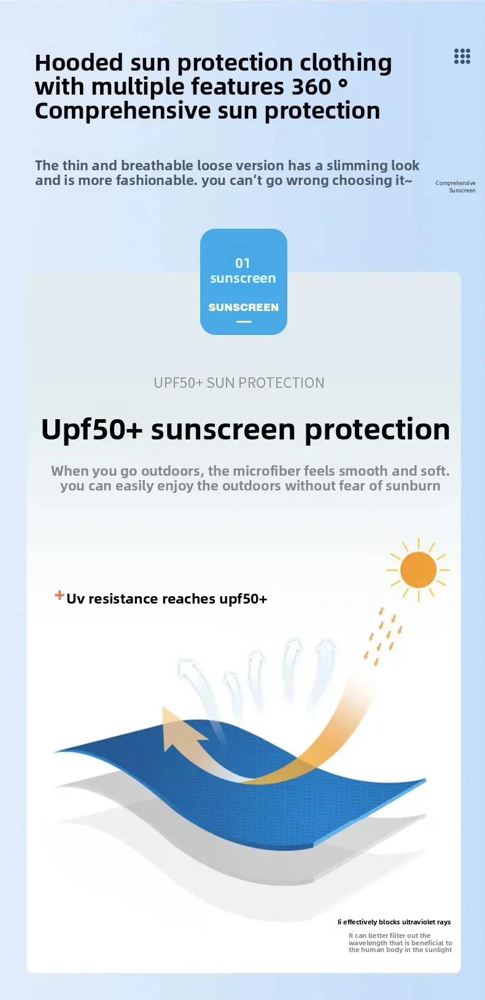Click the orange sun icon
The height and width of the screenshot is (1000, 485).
pyautogui.click(x=418, y=570)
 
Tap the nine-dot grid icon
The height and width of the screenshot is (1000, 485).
pyautogui.click(x=462, y=57)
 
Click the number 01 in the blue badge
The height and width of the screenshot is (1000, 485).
pyautogui.click(x=243, y=263)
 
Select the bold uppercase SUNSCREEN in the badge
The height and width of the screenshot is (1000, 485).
pyautogui.click(x=243, y=307)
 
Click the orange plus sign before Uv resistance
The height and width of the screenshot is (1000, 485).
pyautogui.click(x=60, y=594)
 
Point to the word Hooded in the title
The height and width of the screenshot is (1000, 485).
pyautogui.click(x=79, y=62)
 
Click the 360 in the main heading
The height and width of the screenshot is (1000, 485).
pyautogui.click(x=311, y=86)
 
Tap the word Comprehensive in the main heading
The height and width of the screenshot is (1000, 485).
pyautogui.click(x=123, y=111)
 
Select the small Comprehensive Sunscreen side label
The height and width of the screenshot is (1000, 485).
pyautogui.click(x=456, y=187)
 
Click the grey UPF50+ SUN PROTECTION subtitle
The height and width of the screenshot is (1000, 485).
pyautogui.click(x=239, y=382)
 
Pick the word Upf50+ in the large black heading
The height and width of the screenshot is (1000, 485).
pyautogui.click(x=92, y=430)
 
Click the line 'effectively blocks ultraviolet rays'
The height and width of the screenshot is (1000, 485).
pyautogui.click(x=397, y=922)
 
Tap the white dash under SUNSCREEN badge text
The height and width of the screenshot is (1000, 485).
pyautogui.click(x=243, y=321)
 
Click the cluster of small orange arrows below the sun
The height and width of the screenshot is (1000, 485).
pyautogui.click(x=383, y=636)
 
